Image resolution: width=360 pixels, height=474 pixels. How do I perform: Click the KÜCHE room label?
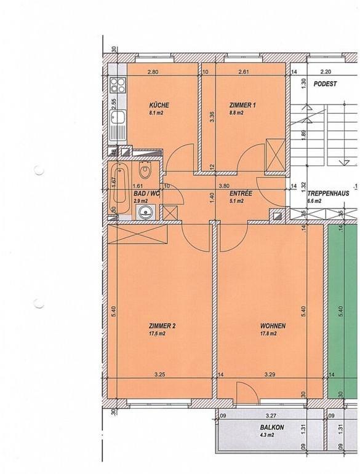[159, 105]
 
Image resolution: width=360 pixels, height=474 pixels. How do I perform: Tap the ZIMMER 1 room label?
[242, 105]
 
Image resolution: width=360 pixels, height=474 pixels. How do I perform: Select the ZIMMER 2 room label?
[162, 326]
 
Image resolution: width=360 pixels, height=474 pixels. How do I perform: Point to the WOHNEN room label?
[268, 326]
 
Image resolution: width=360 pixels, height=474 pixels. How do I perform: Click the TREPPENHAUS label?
[329, 192]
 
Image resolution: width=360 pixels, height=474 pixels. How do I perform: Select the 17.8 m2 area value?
[268, 334]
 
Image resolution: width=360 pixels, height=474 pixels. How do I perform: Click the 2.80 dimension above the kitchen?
[153, 73]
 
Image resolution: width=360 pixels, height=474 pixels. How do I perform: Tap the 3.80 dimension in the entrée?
[225, 185]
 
